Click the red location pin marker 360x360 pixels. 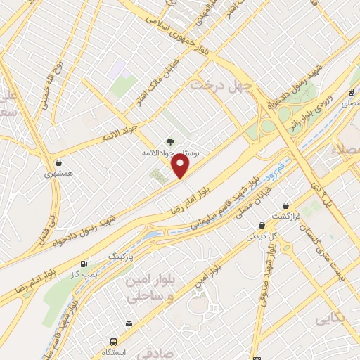[181, 166]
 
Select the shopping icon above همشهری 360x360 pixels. [58, 162]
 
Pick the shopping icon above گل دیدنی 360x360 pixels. [262, 226]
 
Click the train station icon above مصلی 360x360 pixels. [350, 92]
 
